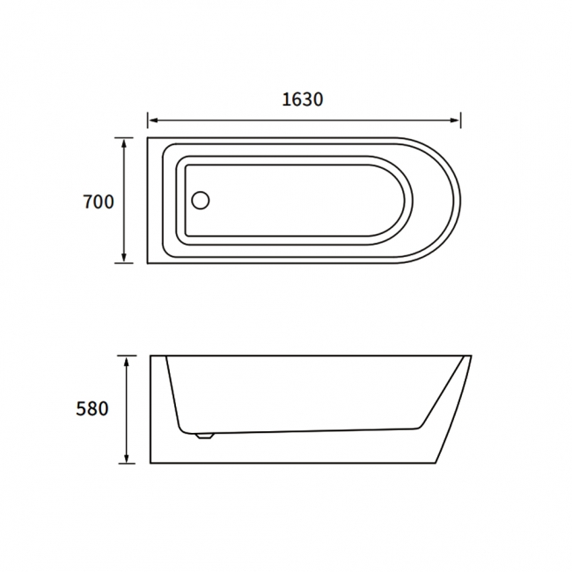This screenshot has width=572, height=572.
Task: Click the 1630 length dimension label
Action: [x=303, y=99]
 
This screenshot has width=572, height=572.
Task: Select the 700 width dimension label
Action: [x=98, y=202]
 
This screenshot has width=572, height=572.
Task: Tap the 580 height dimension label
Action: [x=92, y=409]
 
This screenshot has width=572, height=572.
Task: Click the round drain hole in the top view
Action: [x=201, y=201]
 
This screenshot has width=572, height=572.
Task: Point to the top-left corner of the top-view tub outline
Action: [x=147, y=137]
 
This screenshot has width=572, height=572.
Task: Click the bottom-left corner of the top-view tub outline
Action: [x=147, y=263]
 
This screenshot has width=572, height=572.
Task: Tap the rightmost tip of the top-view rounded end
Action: [x=461, y=201]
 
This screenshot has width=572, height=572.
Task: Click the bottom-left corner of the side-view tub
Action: [x=150, y=463]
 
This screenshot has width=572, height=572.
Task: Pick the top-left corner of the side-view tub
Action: [x=150, y=356]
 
